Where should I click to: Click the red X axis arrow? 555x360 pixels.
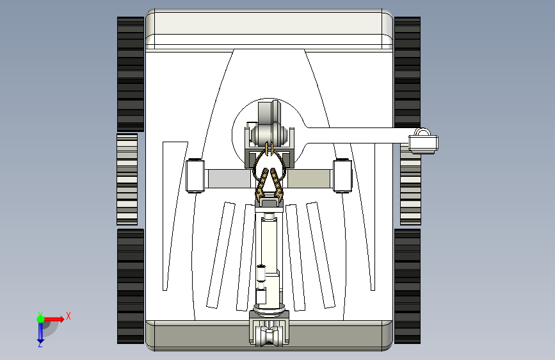click(x=55, y=318)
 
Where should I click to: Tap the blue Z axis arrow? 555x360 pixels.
click(x=40, y=332)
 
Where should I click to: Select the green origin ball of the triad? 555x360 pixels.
click(x=40, y=318)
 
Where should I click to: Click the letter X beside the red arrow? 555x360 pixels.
click(x=68, y=316)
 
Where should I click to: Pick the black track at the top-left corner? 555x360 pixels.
click(x=131, y=74)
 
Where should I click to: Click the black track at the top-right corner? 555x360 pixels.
click(x=407, y=72)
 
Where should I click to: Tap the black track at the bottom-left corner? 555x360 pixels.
click(x=131, y=286)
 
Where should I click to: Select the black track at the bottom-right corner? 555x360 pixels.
click(x=407, y=286)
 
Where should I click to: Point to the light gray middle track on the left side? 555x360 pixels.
click(x=127, y=179)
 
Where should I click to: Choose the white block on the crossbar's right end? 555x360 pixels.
click(x=342, y=176)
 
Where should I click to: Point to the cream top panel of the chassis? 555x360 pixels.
click(x=269, y=29)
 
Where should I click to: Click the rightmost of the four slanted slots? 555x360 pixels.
click(x=321, y=254)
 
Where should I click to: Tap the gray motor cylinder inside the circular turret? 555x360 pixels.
click(x=268, y=135)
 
